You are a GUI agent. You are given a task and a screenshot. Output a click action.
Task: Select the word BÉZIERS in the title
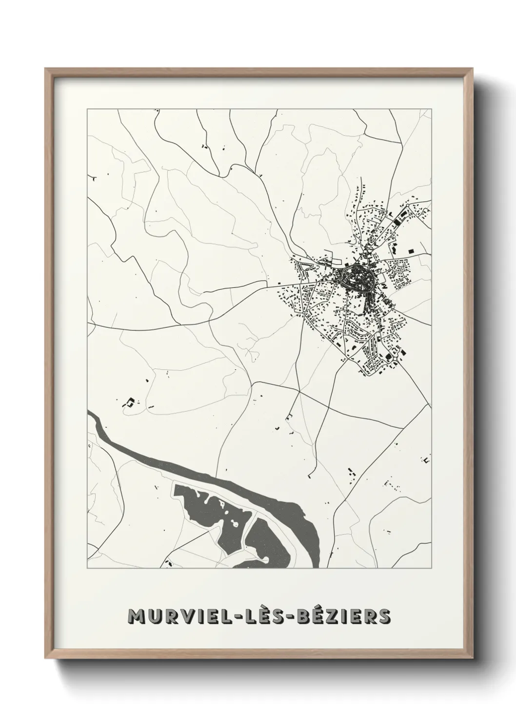[x=344, y=616]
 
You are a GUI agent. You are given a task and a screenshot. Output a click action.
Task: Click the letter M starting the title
[x=136, y=616]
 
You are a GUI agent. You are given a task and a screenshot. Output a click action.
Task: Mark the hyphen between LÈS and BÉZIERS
[x=293, y=617]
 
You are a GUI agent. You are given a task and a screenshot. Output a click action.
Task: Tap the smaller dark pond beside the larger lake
[x=266, y=541]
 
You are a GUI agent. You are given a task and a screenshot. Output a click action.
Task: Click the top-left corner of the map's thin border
[x=87, y=110]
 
